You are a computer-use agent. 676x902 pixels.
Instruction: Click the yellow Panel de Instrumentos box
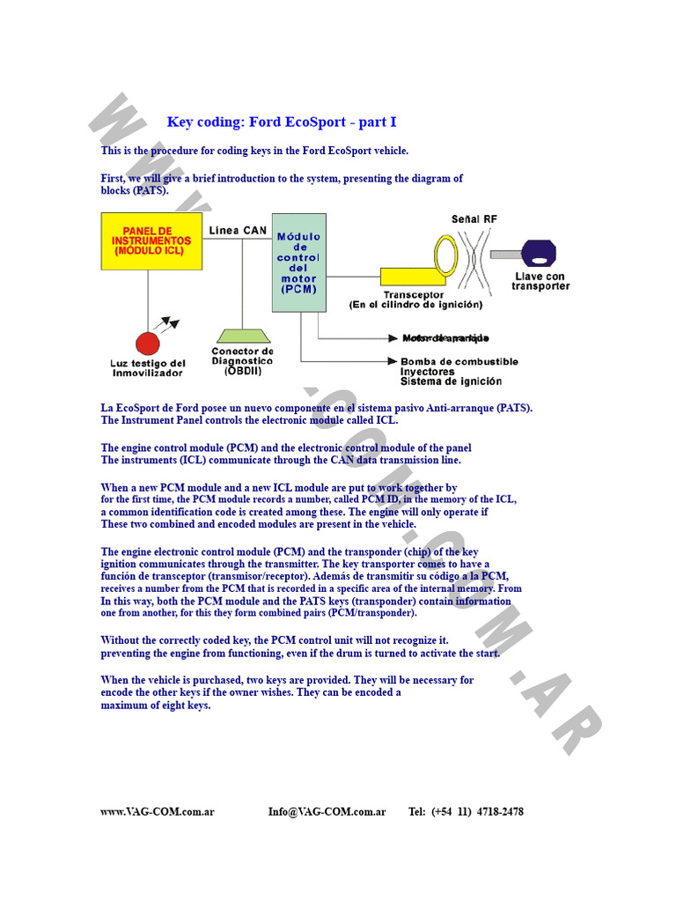click(x=151, y=240)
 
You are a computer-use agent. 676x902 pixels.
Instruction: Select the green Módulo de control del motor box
click(x=298, y=262)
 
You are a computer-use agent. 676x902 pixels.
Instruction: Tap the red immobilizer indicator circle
click(x=147, y=343)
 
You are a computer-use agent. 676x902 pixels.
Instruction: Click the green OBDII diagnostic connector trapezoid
click(x=242, y=336)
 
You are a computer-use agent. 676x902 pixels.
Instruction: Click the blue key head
click(x=540, y=254)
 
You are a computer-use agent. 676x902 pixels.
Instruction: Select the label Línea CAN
click(x=238, y=231)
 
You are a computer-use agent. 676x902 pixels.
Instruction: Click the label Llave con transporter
click(x=540, y=281)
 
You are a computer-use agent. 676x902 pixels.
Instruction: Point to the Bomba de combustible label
click(x=459, y=361)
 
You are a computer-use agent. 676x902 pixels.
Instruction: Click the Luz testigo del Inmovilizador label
click(x=148, y=368)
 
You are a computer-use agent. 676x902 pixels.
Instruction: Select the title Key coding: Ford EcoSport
click(x=282, y=122)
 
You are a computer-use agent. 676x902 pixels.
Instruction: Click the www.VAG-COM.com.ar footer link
click(x=158, y=811)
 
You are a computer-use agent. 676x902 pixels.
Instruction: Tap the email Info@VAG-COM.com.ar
click(x=327, y=811)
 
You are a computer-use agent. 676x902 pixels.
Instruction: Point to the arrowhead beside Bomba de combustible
click(x=391, y=361)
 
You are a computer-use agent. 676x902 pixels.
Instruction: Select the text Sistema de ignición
click(x=451, y=382)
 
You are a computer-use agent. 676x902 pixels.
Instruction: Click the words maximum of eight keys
click(x=156, y=706)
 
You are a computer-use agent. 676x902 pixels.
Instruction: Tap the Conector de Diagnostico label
click(x=242, y=356)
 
